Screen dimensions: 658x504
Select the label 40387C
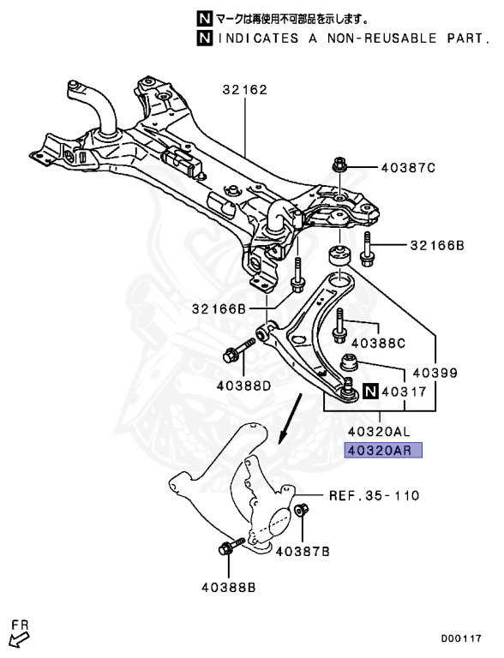410,168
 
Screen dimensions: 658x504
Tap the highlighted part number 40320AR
384,451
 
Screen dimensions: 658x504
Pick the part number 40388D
243,386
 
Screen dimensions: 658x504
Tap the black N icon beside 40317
369,392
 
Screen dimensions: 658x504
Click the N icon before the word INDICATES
203,39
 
